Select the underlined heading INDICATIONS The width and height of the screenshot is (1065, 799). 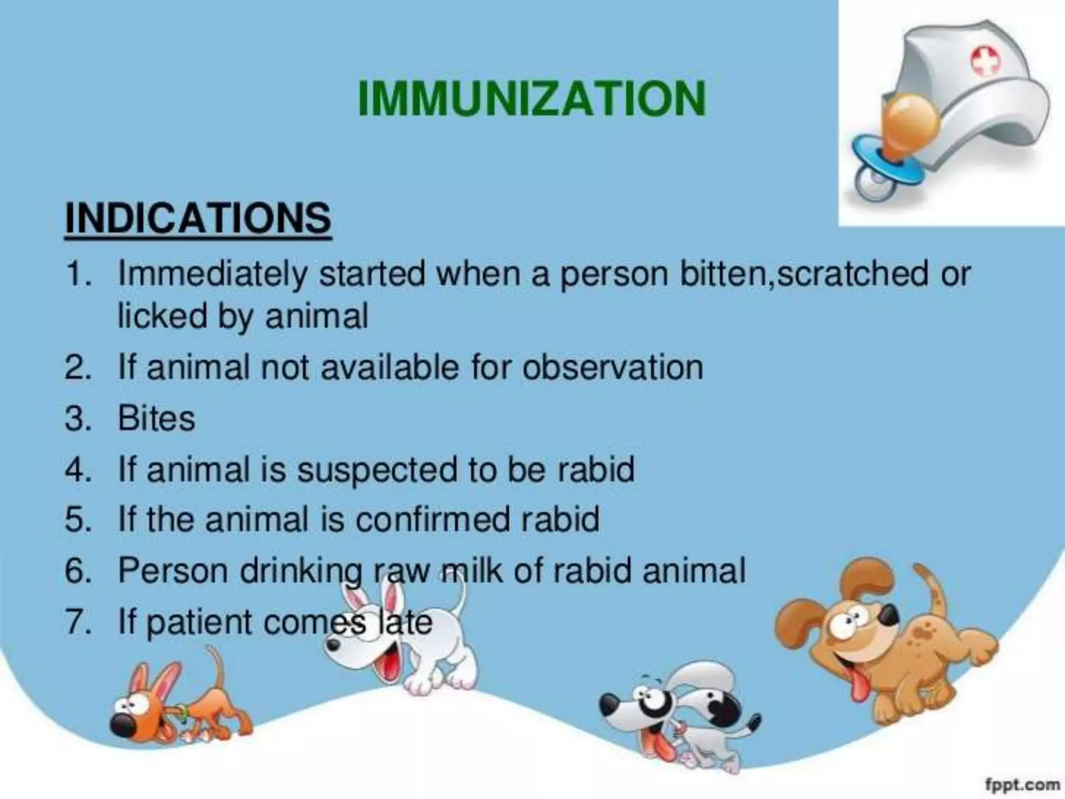click(198, 218)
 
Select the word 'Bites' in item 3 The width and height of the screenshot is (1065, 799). click(156, 418)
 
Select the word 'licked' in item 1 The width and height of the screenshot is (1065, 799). click(161, 316)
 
